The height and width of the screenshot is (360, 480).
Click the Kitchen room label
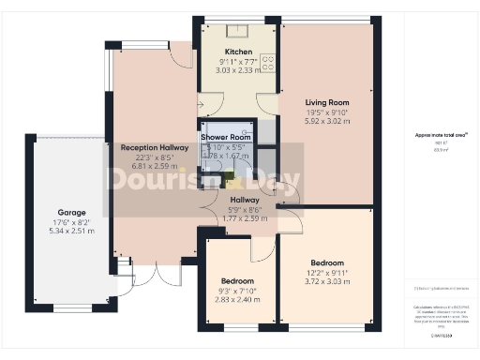[238, 51]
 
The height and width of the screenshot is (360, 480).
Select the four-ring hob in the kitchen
[266, 64]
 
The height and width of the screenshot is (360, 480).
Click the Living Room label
[326, 102]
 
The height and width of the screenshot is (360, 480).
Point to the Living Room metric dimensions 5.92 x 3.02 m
[326, 121]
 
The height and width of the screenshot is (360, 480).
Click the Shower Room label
[226, 137]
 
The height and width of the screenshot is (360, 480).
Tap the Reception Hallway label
[145, 147]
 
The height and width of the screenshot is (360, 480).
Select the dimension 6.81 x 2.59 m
[145, 166]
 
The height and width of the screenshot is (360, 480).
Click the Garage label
[72, 212]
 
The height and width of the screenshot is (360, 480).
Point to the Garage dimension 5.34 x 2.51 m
[72, 231]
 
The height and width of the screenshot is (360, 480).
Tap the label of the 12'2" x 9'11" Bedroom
[327, 262]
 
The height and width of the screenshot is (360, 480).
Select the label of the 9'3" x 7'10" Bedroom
[238, 280]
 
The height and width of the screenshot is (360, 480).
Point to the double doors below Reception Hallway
[156, 272]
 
